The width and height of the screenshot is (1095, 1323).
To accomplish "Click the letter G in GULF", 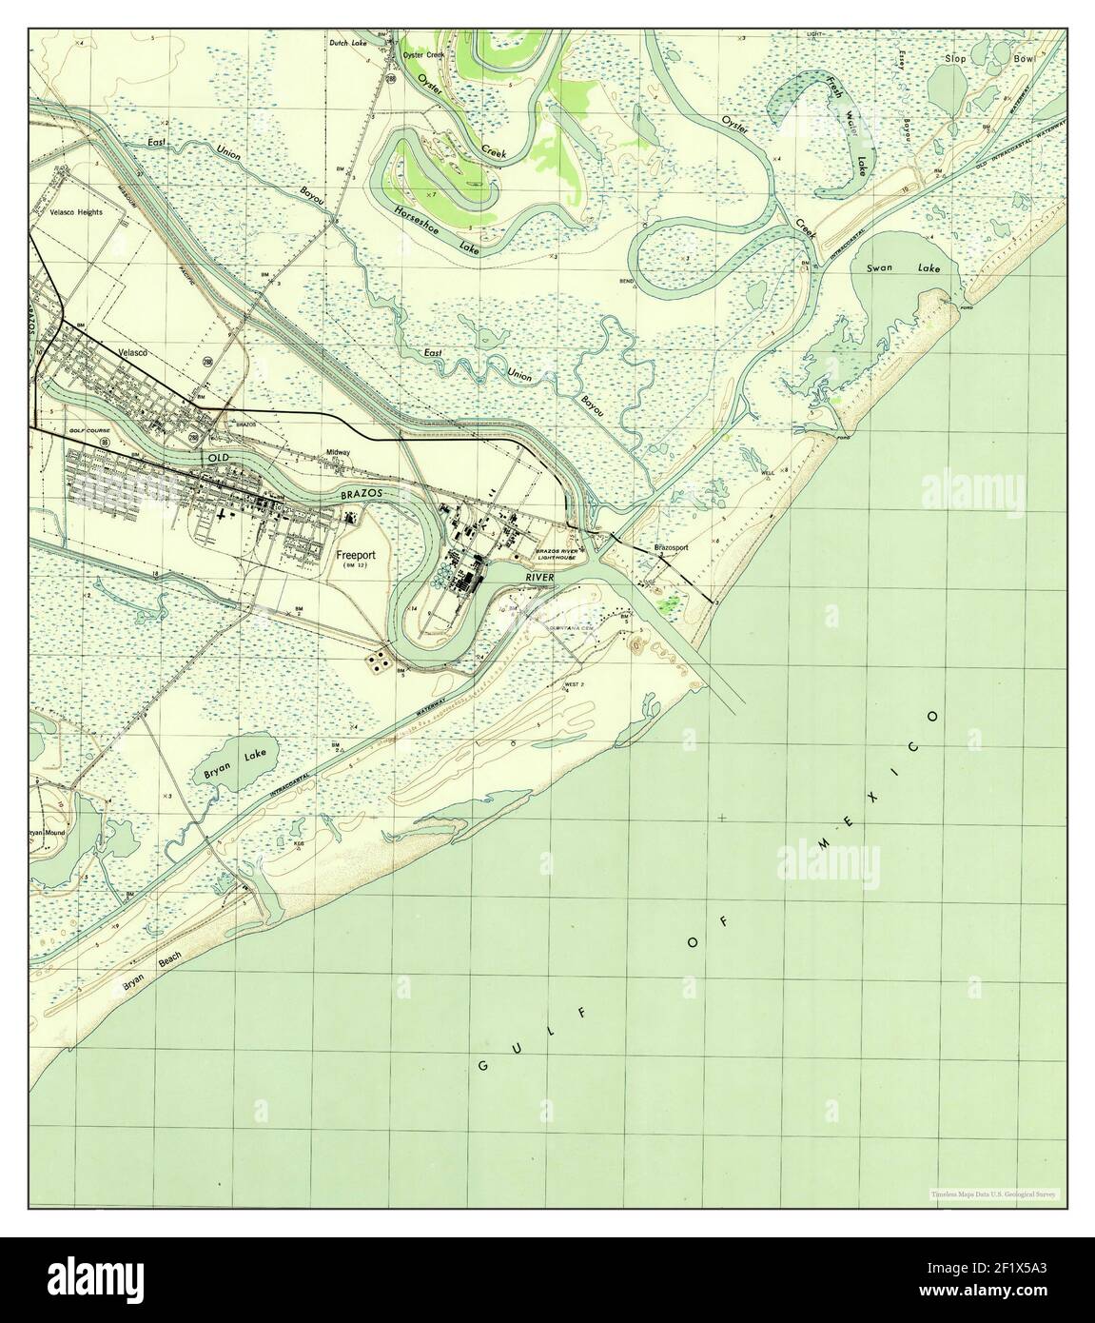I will [x=481, y=1065].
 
